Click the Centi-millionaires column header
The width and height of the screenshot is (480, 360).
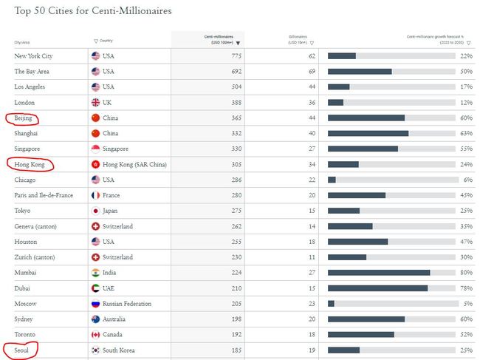(220, 39)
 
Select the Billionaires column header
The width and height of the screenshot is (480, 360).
(298, 39)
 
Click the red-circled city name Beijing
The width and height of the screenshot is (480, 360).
(23, 118)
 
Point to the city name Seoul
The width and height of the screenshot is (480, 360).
(22, 350)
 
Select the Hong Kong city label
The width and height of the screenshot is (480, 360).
(30, 164)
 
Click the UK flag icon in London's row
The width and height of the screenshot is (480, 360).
(95, 103)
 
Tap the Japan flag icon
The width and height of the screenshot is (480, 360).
(95, 211)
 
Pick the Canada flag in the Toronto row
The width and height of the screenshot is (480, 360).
(95, 334)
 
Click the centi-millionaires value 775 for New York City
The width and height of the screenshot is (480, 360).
(236, 56)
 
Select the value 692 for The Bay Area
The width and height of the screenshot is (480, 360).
(236, 72)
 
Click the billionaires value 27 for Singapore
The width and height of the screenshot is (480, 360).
(311, 149)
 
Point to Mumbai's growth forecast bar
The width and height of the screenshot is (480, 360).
(379, 273)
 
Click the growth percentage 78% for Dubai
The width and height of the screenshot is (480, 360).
(466, 288)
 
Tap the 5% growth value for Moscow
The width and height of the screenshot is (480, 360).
(467, 303)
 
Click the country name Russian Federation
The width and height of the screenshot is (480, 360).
(127, 303)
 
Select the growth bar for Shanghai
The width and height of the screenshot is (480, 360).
(368, 133)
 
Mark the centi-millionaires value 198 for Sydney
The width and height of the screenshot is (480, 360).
(236, 319)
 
